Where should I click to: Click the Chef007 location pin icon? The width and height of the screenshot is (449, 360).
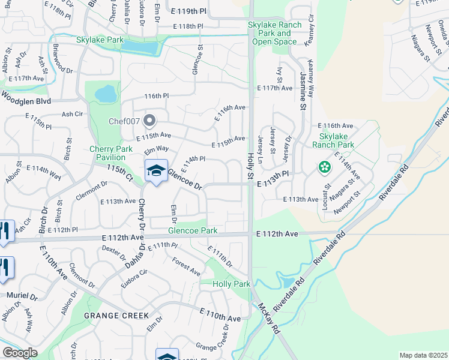click(148, 121)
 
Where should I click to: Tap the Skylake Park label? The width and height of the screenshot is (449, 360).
click(100, 40)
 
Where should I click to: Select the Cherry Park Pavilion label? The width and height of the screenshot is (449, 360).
click(111, 153)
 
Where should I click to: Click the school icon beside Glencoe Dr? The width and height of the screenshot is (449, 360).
click(156, 170)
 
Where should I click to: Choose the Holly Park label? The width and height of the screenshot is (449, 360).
click(231, 283)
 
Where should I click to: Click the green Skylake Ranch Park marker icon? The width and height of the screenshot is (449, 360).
click(325, 166)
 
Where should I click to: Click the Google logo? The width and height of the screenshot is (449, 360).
click(20, 352)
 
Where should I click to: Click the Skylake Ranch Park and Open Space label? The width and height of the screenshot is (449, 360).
click(270, 33)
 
